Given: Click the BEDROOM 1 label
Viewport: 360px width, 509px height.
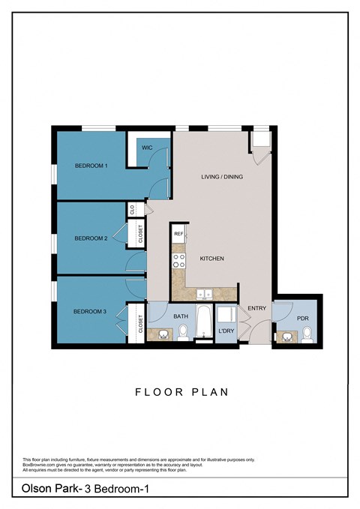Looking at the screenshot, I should tap(91, 165).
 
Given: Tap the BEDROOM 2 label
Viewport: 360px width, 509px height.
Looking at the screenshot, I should tap(91, 238).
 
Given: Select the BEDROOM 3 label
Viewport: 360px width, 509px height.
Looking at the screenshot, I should tap(89, 311).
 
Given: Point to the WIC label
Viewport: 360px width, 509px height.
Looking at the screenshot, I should tap(147, 148).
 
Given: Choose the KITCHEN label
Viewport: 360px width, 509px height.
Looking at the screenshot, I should tap(211, 259).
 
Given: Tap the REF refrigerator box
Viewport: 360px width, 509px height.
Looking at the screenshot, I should tap(178, 235).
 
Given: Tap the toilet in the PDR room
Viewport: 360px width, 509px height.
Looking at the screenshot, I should tap(306, 335).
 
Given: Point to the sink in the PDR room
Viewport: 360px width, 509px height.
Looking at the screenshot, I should tap(285, 337).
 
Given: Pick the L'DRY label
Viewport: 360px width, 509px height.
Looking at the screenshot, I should tap(226, 331).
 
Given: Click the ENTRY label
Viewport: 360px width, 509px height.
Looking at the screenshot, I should tap(257, 308).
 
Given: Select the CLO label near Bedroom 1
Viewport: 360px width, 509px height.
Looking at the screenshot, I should tap(133, 211).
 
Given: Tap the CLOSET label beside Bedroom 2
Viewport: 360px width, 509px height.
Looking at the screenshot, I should tap(139, 235).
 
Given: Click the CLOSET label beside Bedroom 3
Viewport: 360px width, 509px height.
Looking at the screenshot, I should tap(140, 323).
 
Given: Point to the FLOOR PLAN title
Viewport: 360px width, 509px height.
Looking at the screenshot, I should tap(181, 391).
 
